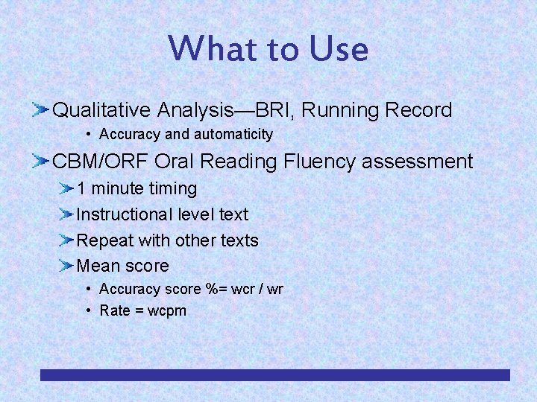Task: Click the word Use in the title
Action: click(x=338, y=49)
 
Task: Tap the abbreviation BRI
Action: click(x=276, y=111)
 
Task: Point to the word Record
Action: click(x=418, y=111)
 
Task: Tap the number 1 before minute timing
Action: click(x=81, y=189)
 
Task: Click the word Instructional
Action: click(x=125, y=214)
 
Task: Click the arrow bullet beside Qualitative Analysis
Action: click(x=40, y=111)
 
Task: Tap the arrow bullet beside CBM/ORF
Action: click(x=40, y=162)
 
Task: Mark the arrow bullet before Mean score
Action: click(x=67, y=266)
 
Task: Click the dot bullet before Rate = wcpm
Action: click(x=89, y=310)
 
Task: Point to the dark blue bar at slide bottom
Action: click(x=274, y=375)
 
